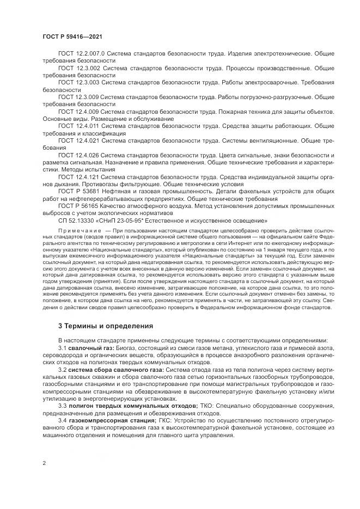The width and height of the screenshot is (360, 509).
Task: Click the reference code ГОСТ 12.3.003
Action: (x=78, y=83)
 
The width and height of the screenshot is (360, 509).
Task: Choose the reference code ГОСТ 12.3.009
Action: (x=78, y=97)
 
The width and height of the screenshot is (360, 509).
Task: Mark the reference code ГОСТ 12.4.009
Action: (x=78, y=111)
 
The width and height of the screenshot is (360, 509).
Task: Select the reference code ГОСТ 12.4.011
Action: (x=78, y=125)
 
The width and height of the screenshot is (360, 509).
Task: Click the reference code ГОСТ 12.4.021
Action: (x=78, y=140)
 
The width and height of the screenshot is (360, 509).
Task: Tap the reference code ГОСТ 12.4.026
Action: (x=78, y=155)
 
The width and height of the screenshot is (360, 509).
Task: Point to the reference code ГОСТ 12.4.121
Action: (x=78, y=177)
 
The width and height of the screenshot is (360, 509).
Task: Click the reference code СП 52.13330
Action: (x=76, y=220)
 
